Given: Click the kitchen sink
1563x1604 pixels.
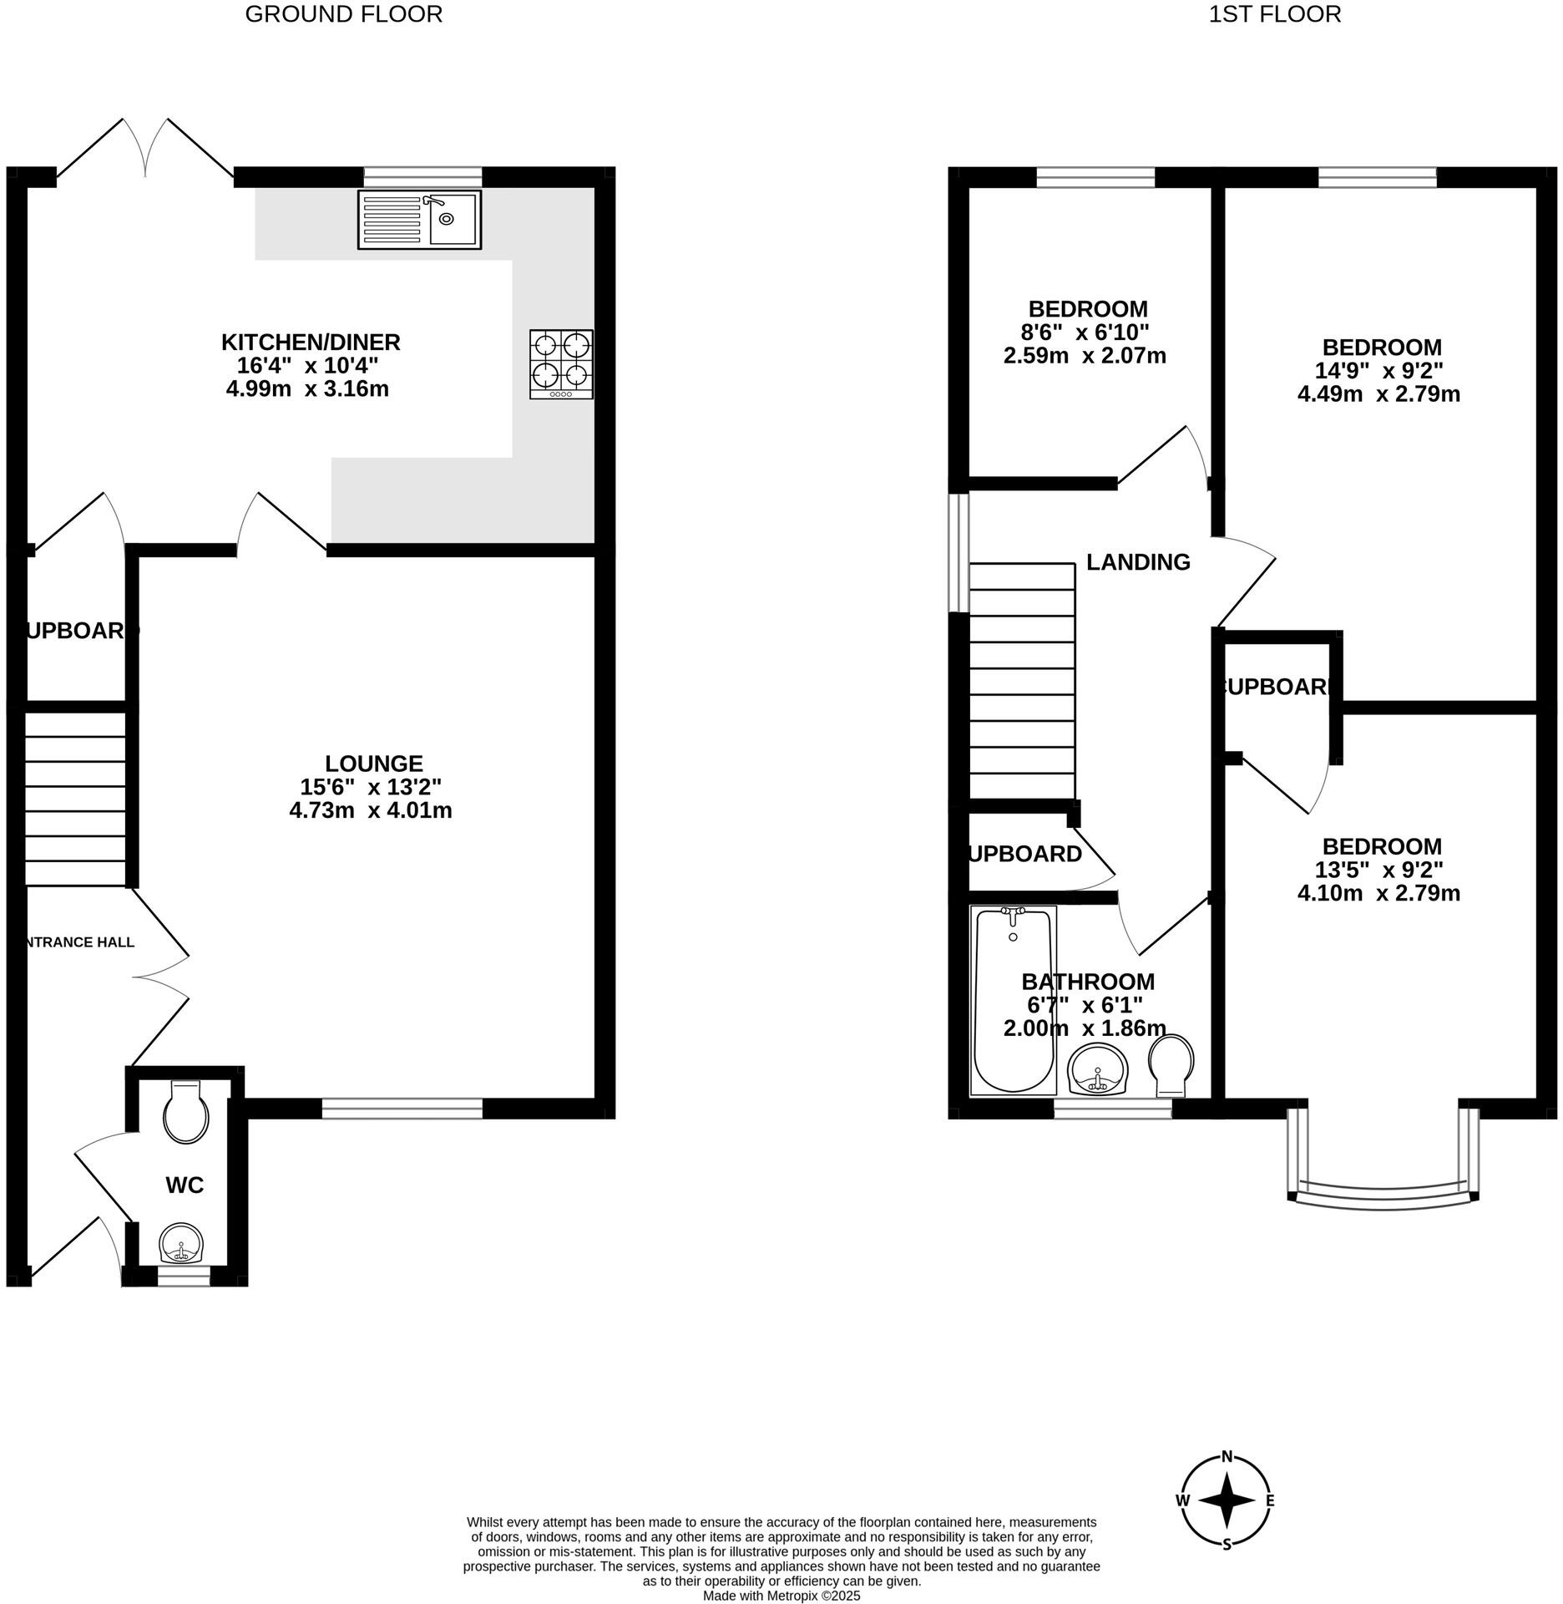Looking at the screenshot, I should pyautogui.click(x=420, y=220).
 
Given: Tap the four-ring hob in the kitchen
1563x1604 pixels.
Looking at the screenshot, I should pyautogui.click(x=561, y=364).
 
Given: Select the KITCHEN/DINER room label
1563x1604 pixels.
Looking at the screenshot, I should pyautogui.click(x=311, y=342).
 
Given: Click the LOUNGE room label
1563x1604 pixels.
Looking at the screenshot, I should pyautogui.click(x=373, y=763).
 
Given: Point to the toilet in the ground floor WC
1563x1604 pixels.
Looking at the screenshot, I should pyautogui.click(x=185, y=1113).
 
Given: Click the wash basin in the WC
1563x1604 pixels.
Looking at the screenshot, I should pyautogui.click(x=181, y=1243).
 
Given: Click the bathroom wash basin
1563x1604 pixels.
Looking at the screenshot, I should pyautogui.click(x=1098, y=1069).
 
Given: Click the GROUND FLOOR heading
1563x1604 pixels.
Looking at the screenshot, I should pyautogui.click(x=343, y=14).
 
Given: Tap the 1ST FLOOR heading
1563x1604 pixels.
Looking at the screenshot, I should pyautogui.click(x=1275, y=14).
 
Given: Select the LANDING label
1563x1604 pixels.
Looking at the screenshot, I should pyautogui.click(x=1138, y=562).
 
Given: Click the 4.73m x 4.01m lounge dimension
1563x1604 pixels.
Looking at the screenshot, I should pyautogui.click(x=371, y=810).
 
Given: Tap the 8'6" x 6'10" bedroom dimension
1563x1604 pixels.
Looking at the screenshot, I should pyautogui.click(x=1088, y=332).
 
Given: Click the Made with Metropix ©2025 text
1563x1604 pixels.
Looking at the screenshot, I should pyautogui.click(x=781, y=1595).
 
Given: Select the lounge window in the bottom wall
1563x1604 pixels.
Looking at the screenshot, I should pyautogui.click(x=402, y=1109).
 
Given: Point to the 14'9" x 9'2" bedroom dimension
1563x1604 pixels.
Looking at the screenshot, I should pyautogui.click(x=1382, y=370).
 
